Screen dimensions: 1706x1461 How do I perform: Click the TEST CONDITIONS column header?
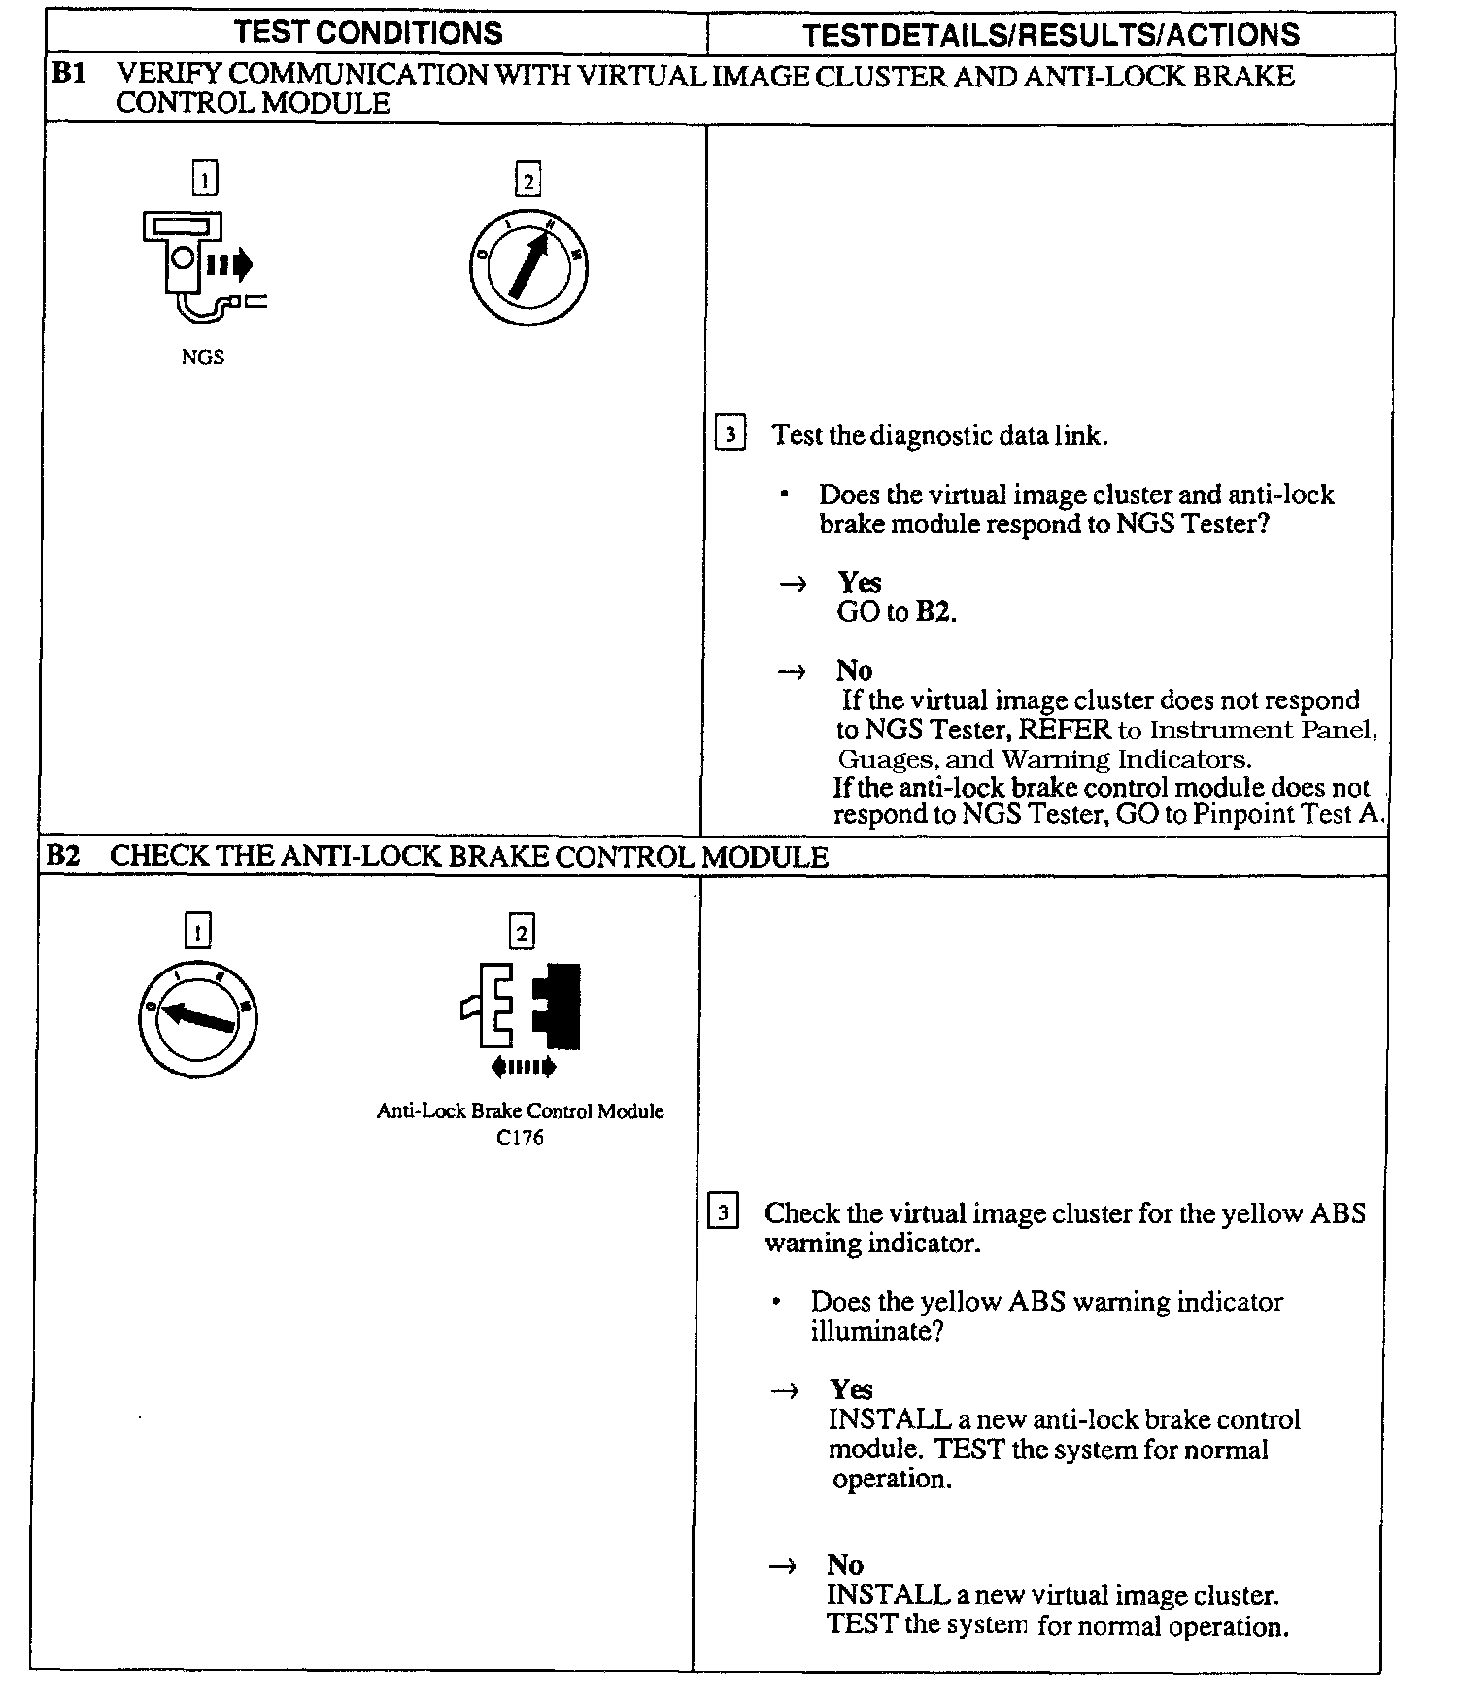point(368,33)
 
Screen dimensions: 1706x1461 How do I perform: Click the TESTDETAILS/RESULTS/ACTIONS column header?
point(1051,35)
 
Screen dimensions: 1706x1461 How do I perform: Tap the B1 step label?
point(69,75)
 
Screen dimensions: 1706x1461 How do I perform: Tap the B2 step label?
point(63,856)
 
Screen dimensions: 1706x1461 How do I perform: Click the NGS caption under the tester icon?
point(202,358)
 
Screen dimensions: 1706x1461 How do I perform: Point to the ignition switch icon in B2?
point(197,1017)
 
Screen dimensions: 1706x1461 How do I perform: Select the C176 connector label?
point(520,1138)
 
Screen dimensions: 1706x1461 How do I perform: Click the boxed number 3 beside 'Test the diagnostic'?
point(730,433)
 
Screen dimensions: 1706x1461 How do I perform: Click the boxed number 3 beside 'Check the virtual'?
point(723,1213)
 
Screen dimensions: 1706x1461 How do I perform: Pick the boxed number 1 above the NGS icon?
point(205,180)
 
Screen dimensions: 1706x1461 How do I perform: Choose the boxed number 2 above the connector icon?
point(522,933)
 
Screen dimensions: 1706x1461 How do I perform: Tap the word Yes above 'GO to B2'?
point(860,582)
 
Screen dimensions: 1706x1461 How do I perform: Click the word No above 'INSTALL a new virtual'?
point(845,1565)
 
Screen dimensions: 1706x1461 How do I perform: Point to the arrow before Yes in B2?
point(785,1390)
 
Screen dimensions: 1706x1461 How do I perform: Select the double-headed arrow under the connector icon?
point(524,1068)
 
